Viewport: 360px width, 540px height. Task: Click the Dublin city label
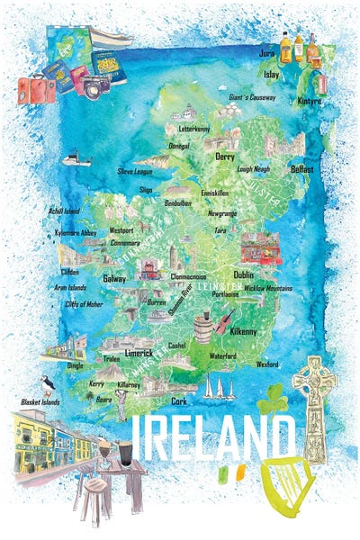click(243, 274)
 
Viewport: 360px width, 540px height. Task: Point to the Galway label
click(114, 279)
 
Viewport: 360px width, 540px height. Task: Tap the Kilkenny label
click(244, 332)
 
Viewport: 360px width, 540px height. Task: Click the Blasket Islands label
click(41, 401)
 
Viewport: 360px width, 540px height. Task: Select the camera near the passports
click(96, 85)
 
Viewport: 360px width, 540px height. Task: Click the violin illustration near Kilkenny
click(223, 320)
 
